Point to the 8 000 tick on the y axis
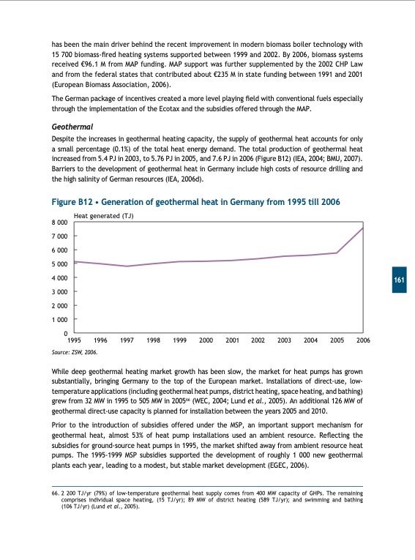tap(57, 222)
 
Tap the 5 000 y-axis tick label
tap(57, 264)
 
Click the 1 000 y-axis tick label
tap(57, 321)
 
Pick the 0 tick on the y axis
tap(65, 335)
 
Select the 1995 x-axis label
tap(74, 341)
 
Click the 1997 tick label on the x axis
tap(127, 341)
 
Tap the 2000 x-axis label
tap(206, 341)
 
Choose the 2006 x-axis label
tap(363, 341)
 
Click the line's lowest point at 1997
tap(127, 266)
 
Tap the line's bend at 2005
tap(337, 253)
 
